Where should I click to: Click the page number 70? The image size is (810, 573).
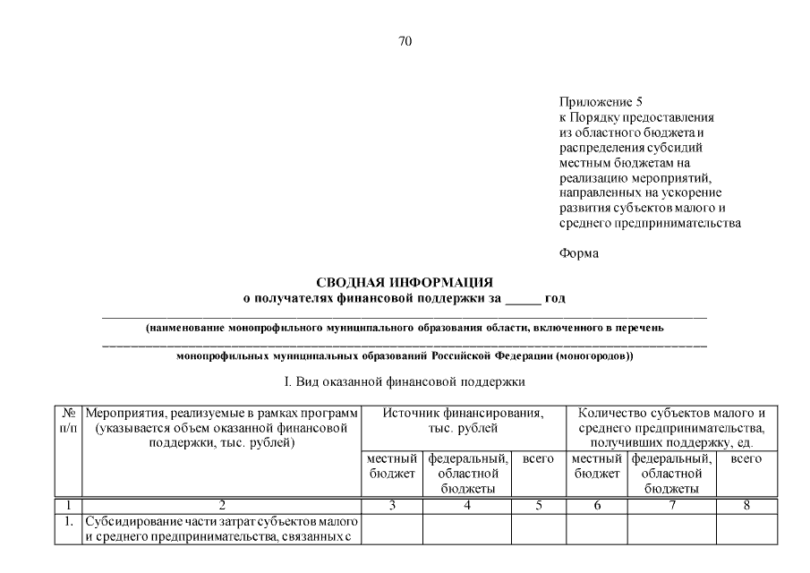click(x=405, y=41)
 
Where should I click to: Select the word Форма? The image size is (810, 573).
click(x=579, y=253)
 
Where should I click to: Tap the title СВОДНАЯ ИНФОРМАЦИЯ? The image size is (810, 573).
click(x=405, y=283)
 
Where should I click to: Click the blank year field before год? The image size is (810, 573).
click(x=523, y=298)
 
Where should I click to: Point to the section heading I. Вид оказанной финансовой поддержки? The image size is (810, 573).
click(x=404, y=382)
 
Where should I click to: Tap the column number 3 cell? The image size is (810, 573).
click(x=391, y=505)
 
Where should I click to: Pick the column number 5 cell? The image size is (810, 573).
click(x=538, y=505)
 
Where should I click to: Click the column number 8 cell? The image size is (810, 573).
click(x=746, y=505)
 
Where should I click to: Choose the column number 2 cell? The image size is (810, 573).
click(x=221, y=505)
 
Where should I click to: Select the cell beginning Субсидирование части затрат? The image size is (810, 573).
click(x=221, y=528)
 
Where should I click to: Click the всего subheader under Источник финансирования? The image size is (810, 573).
click(x=538, y=458)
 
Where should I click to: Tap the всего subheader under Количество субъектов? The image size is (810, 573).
click(x=746, y=458)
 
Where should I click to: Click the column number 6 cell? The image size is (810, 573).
click(x=596, y=505)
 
